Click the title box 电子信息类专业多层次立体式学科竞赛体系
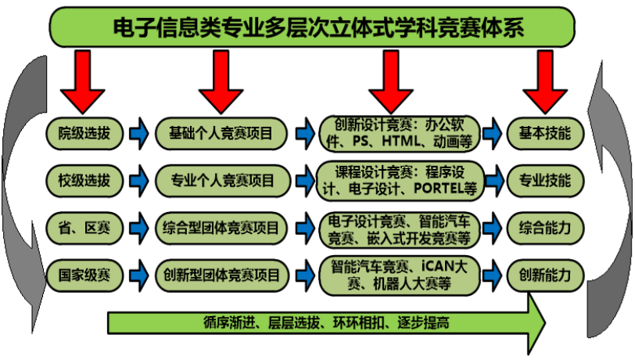312,27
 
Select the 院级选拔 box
84,133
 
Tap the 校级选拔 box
84,181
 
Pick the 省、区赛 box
84,228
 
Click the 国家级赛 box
84,275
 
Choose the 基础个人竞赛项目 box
221,133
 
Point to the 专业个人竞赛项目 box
223,181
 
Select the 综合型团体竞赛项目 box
221,228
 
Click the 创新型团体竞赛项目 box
222,275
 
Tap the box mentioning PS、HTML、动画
400,133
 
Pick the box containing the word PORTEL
400,181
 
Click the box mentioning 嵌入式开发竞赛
400,229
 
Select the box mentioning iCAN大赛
400,275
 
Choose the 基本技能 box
545,133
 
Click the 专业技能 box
545,181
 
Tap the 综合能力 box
545,228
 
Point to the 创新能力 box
545,275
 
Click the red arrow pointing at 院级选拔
83,82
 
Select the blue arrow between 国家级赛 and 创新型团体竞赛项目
139,275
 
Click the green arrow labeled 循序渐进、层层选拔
326,323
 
